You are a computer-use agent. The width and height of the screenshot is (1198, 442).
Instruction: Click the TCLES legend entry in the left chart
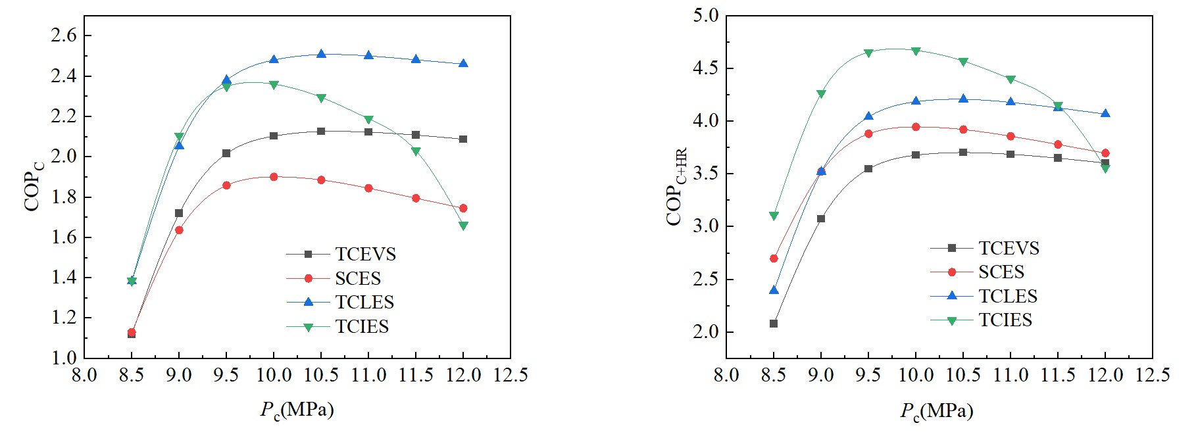364,302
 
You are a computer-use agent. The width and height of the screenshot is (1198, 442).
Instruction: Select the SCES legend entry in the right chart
1001,272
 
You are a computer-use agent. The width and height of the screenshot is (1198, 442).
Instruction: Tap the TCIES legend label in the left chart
362,326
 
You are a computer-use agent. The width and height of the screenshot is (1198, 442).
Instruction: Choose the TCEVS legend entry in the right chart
1009,248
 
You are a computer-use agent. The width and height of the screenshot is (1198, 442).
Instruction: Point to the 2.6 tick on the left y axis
64,36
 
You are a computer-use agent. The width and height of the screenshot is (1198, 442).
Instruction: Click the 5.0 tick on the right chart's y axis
706,15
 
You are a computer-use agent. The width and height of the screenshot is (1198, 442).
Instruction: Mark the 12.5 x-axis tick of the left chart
511,375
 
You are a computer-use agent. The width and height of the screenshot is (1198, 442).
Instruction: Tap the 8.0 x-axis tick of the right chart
726,375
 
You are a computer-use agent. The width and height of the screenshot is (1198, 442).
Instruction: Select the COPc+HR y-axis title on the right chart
676,187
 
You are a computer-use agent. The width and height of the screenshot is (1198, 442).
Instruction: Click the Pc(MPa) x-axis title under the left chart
297,410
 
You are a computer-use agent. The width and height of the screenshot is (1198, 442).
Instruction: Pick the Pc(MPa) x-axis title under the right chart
937,412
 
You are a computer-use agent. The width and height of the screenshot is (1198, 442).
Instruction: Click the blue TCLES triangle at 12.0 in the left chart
463,63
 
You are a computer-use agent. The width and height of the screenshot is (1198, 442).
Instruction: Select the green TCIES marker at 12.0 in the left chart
463,226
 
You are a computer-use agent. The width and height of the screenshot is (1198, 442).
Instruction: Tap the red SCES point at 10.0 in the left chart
274,177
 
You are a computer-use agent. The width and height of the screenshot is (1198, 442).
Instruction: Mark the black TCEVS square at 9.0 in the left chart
179,213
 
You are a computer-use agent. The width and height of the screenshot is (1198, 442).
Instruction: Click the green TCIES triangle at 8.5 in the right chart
774,216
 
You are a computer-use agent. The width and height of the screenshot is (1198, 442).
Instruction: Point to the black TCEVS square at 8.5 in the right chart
774,324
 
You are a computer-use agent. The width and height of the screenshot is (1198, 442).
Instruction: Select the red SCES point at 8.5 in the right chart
774,258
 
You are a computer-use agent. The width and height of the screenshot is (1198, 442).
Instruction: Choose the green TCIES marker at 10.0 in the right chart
916,51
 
